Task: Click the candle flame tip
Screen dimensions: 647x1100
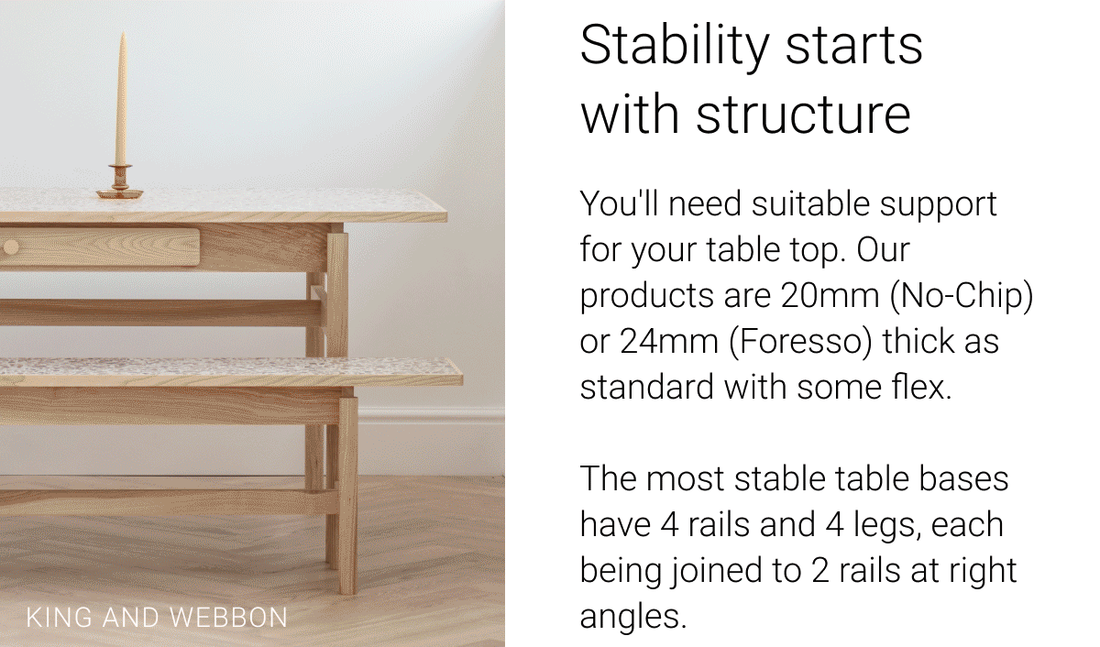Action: coord(122,36)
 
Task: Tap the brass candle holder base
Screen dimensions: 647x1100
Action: coord(120,192)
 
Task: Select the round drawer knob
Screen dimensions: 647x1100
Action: coord(10,247)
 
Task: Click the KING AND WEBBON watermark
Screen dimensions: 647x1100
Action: coord(157,617)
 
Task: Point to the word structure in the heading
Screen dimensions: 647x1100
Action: coord(803,115)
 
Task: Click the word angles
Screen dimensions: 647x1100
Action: coord(632,616)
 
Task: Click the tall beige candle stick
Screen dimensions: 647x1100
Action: coord(121,105)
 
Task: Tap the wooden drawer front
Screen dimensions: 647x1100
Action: coord(101,247)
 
